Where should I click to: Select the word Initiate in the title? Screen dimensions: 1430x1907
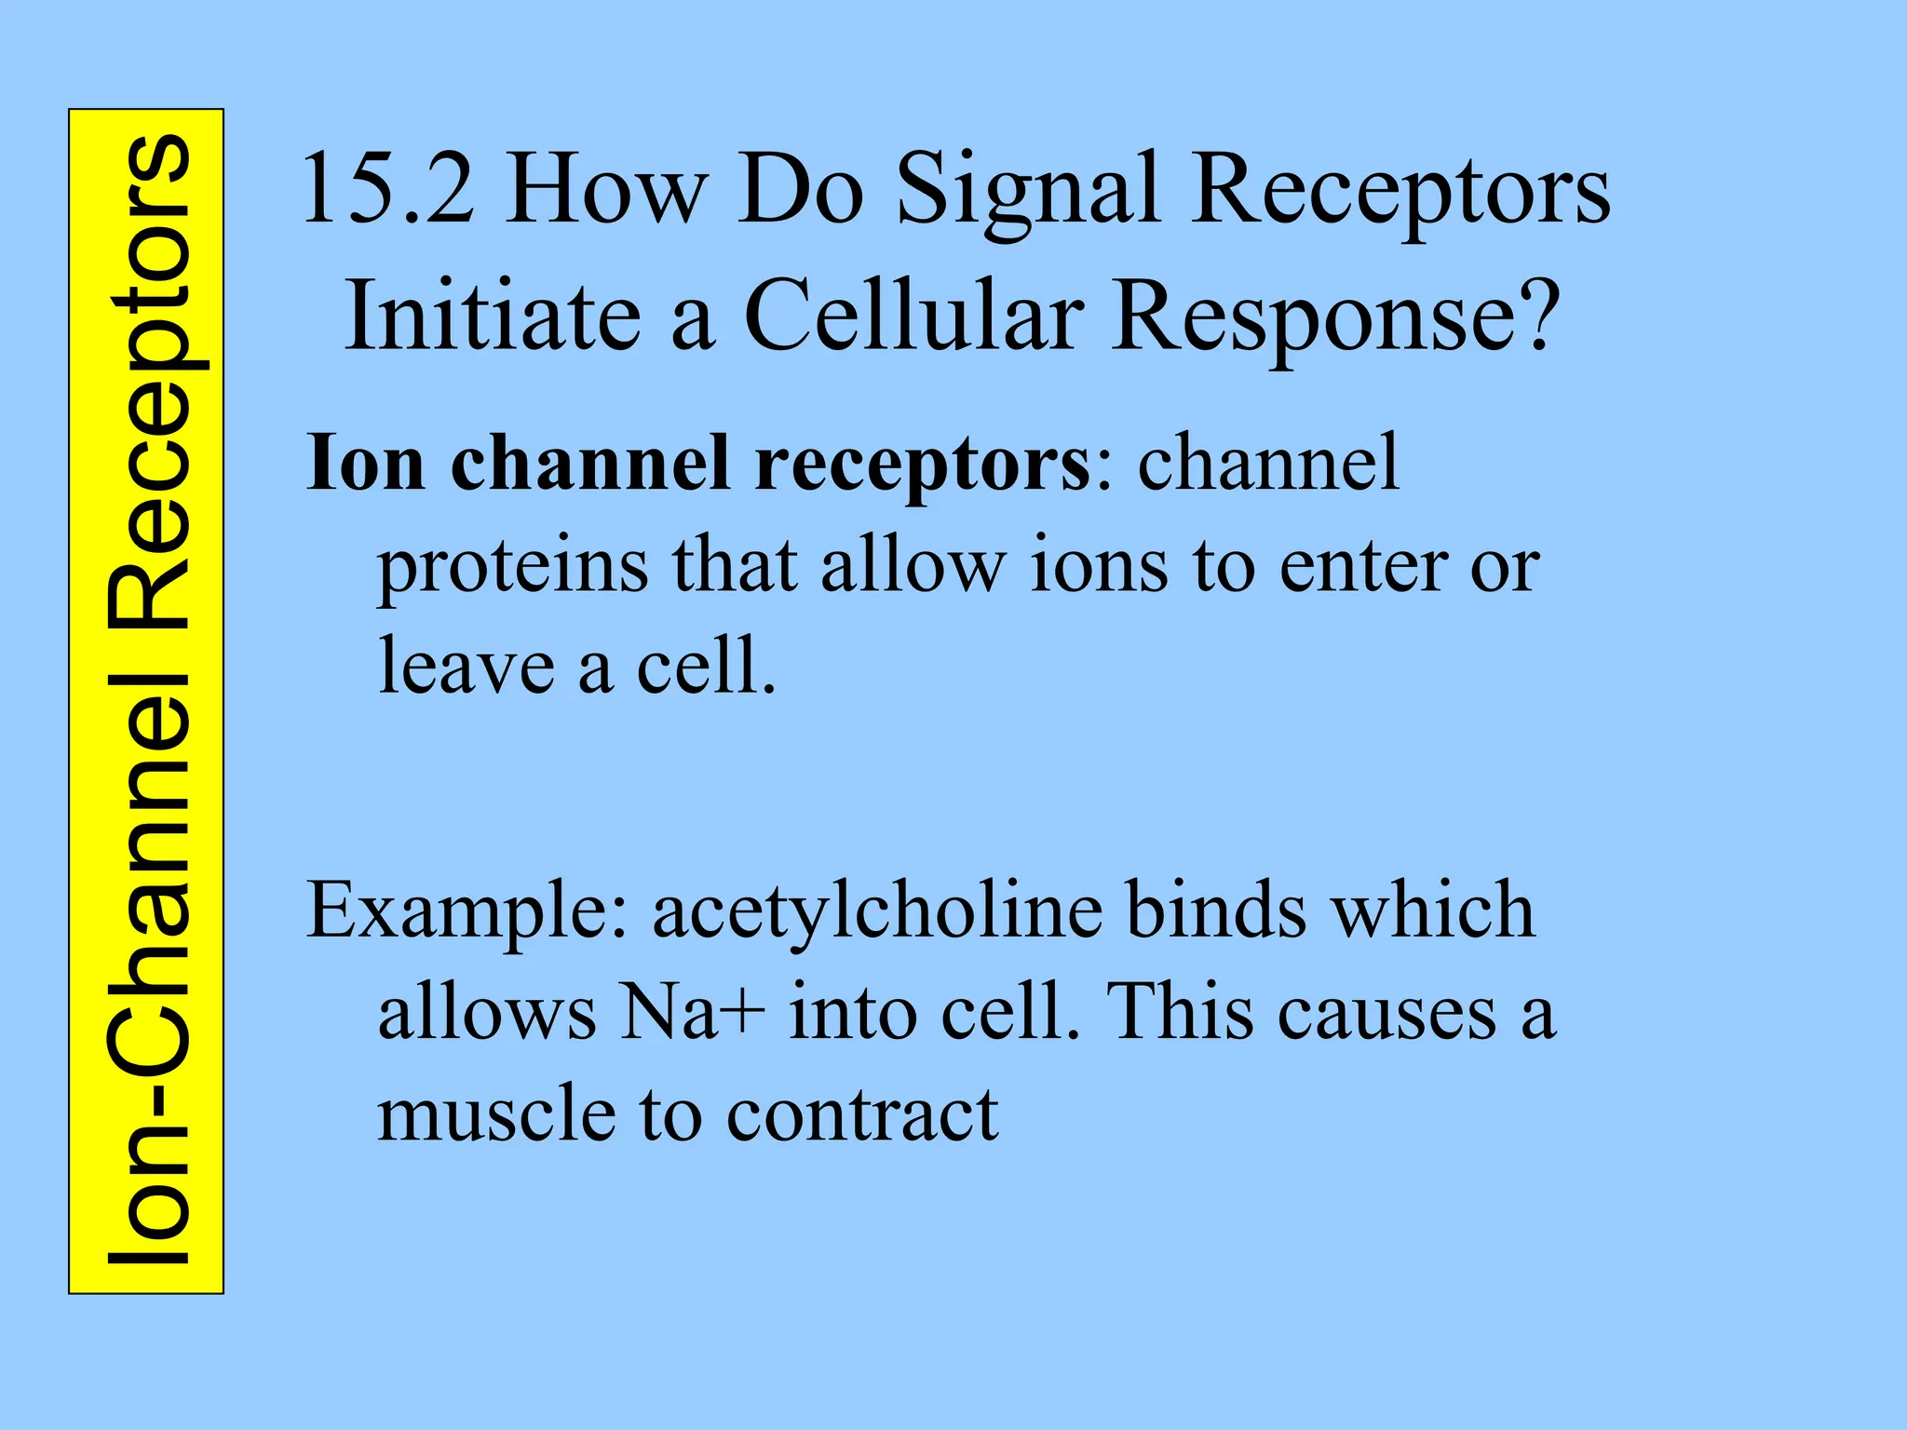click(x=494, y=317)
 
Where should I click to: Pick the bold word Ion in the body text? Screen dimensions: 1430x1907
click(x=367, y=463)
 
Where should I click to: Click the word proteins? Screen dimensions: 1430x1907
click(x=512, y=568)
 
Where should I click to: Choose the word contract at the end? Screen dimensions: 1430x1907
click(x=862, y=1115)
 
